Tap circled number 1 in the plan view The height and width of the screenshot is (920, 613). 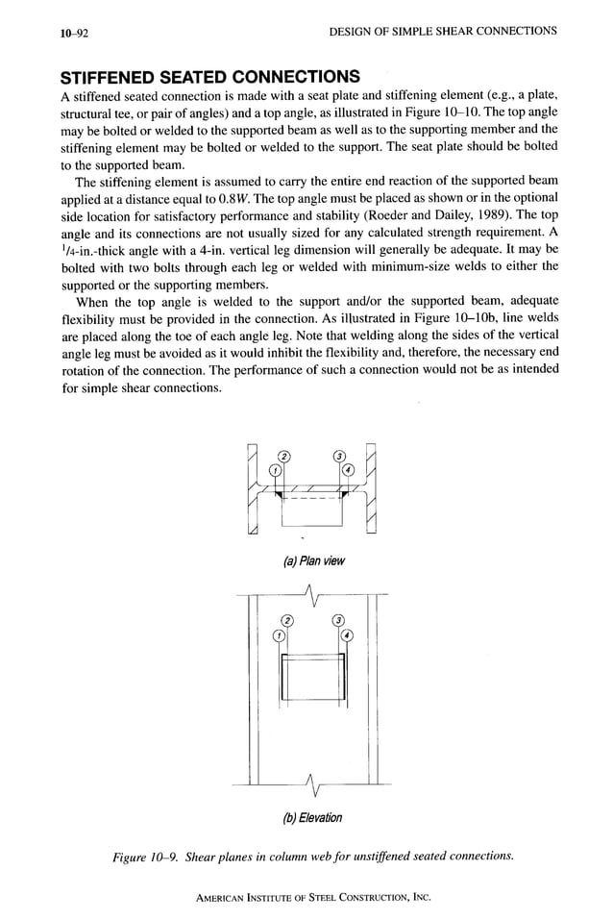[x=276, y=470]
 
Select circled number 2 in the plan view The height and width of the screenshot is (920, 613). [x=285, y=456]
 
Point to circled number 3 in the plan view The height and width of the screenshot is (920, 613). [x=338, y=456]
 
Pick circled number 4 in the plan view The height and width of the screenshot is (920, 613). [x=348, y=470]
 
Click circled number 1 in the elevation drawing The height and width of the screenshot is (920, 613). [x=279, y=634]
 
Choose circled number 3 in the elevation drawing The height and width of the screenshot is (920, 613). [x=337, y=620]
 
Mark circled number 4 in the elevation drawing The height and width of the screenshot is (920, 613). [x=346, y=634]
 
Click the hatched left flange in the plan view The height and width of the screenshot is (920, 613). [x=253, y=490]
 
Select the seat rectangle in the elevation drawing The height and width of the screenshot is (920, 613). [x=312, y=677]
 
